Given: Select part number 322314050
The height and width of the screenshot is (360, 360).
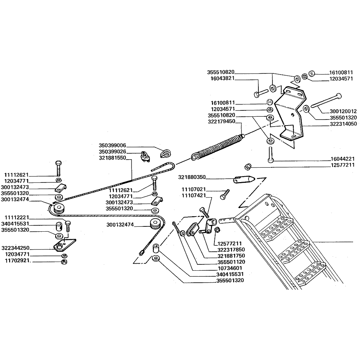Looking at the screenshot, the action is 343,124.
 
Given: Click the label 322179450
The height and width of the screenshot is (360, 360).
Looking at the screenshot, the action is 221,121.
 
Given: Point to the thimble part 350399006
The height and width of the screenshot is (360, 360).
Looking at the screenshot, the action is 166,153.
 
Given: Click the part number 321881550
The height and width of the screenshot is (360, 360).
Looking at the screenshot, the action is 112,158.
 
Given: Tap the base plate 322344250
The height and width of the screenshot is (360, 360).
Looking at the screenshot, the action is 65,245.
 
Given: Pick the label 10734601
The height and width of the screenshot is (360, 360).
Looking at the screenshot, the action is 230,268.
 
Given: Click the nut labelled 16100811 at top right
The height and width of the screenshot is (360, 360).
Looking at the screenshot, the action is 311,73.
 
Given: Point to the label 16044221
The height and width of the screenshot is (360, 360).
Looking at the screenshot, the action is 342,159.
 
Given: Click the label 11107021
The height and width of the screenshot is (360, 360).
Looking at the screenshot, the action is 194,189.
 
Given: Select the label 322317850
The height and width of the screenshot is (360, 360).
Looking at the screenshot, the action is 231,250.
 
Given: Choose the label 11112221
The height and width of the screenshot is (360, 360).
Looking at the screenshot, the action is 17,217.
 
